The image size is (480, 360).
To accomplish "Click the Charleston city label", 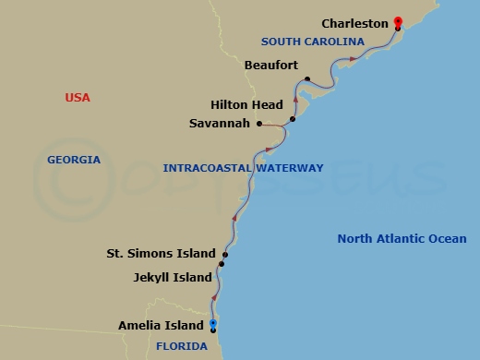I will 355,23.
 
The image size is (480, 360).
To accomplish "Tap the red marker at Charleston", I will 398,21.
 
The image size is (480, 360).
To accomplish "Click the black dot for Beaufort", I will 306,79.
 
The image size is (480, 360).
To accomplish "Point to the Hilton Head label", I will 246,105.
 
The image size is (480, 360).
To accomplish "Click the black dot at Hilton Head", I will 292,119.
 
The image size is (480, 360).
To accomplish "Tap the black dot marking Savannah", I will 259,124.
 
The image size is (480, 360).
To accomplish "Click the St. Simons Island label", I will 161,253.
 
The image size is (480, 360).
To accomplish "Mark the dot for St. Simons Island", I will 225,254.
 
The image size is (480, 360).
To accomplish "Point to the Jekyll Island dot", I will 222,265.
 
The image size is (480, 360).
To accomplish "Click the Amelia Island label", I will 160,325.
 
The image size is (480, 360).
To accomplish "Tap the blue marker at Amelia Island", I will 213,323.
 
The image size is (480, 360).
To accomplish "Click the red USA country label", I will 77,97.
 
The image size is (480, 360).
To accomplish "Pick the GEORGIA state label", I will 74,160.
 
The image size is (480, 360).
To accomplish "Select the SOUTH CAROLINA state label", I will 306,42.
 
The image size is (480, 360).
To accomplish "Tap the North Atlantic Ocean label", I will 402,238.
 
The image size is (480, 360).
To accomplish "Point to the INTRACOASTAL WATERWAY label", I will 243,168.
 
